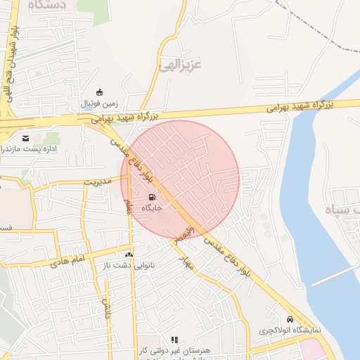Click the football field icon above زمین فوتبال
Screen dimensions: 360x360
100,92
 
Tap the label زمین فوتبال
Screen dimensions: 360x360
100,103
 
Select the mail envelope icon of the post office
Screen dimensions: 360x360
26,138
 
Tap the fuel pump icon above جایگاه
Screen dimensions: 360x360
153,197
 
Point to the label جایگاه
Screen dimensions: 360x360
153,208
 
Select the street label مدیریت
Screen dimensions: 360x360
98,181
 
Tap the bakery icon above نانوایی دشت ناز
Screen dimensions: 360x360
128,255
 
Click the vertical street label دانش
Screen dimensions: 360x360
107,307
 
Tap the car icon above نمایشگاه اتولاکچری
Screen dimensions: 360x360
290,319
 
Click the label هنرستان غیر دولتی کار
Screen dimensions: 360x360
174,349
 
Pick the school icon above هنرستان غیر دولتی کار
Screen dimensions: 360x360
174,340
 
